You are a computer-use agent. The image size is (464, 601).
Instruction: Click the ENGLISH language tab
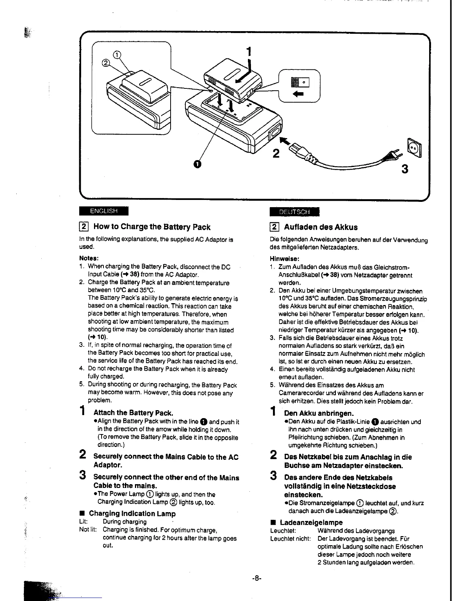pos(103,211)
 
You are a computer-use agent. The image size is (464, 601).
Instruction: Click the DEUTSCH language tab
pos(295,212)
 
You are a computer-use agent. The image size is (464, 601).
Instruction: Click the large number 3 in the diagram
pos(405,169)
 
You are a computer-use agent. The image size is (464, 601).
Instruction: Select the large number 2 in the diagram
pos(276,154)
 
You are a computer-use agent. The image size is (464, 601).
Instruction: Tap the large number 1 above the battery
pos(249,51)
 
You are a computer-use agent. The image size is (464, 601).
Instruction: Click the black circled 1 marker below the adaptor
pos(196,164)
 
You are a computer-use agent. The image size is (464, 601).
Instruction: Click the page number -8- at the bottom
pos(257,579)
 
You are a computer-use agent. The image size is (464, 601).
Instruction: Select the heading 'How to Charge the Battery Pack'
pos(152,227)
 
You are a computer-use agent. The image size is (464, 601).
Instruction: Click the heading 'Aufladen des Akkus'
pos(321,227)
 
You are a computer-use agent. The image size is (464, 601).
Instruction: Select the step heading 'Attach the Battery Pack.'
pos(133,412)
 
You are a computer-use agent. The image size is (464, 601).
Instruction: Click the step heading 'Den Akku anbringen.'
pos(319,413)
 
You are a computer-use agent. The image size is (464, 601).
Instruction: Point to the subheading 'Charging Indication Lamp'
pos(132,514)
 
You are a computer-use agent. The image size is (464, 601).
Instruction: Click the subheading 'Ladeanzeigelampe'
pos(311,522)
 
